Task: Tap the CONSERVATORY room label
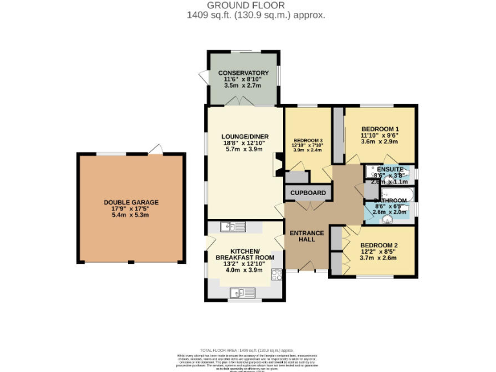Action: coord(243,72)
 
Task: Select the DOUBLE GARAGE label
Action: coord(131,202)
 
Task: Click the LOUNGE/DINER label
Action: coord(245,136)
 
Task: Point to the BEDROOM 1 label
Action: coord(380,129)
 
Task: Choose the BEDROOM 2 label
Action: coord(378,245)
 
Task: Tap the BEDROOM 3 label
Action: coord(308,141)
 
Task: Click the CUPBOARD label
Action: coord(307,193)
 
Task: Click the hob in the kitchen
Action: coord(277,275)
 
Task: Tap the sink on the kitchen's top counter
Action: coord(232,227)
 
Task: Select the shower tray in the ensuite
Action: coord(373,170)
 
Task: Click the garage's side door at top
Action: coord(155,149)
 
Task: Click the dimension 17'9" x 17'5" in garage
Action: coord(131,209)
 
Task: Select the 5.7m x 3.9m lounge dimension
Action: coord(245,149)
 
